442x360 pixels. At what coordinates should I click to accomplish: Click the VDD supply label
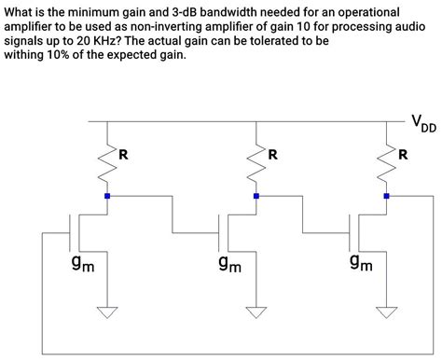pyautogui.click(x=422, y=122)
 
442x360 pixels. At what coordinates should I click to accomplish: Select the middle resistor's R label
pyautogui.click(x=272, y=155)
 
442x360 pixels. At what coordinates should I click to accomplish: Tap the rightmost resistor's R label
pyautogui.click(x=403, y=155)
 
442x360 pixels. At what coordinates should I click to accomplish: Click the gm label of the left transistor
pyautogui.click(x=82, y=266)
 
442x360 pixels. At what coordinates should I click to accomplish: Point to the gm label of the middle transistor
pyautogui.click(x=230, y=266)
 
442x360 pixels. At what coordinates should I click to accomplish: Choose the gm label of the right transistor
pyautogui.click(x=361, y=266)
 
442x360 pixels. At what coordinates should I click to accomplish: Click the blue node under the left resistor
pyautogui.click(x=107, y=196)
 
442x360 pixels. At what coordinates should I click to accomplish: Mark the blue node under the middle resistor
pyautogui.click(x=256, y=196)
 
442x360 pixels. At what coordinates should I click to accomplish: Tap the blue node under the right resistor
pyautogui.click(x=387, y=196)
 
